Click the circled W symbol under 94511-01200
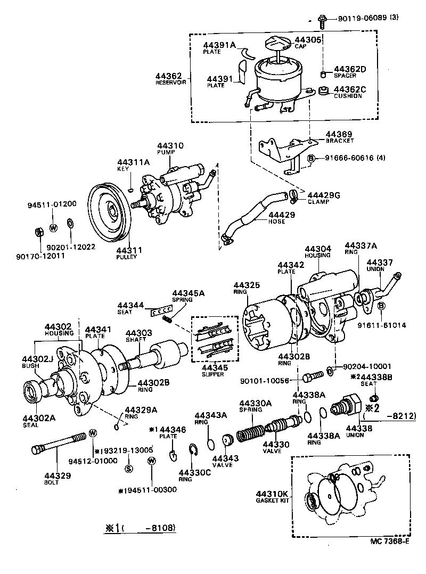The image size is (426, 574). pos(53,228)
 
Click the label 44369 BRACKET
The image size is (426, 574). pos(339,137)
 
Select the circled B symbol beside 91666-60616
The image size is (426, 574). pos(312,158)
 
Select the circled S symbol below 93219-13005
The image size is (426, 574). pos(128,469)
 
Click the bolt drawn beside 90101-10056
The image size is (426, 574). pos(312,377)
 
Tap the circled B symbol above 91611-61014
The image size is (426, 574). pos(381,306)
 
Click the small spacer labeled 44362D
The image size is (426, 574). pos(323,73)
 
